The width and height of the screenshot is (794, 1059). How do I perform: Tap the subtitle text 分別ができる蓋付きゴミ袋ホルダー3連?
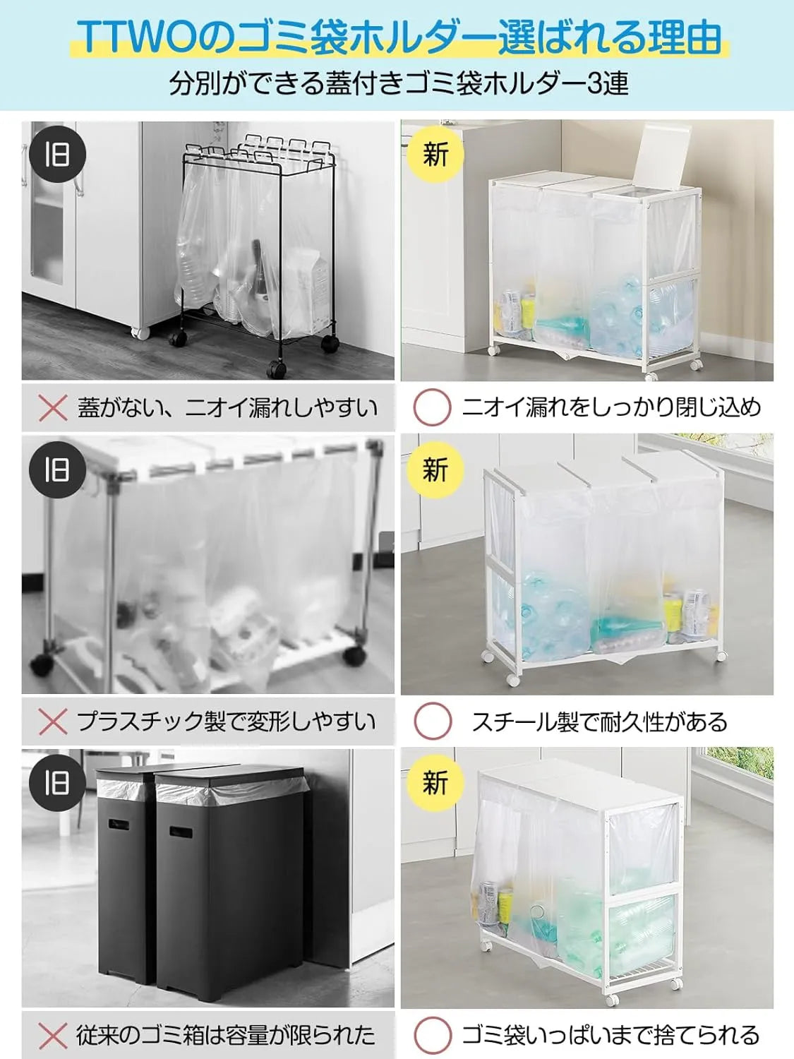(x=398, y=83)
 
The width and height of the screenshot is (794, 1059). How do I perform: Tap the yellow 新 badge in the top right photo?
(x=435, y=154)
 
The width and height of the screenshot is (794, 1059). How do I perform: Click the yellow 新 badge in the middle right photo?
(x=435, y=469)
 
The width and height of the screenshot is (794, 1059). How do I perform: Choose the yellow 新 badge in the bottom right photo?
(x=435, y=782)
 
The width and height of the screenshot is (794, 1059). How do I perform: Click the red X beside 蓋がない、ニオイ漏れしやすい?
(x=53, y=408)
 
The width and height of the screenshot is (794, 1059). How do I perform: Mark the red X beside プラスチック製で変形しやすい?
(x=53, y=722)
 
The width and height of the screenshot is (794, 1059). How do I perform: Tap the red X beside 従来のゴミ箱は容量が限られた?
(x=53, y=1036)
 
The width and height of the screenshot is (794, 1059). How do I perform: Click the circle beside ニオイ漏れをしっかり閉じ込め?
(x=432, y=407)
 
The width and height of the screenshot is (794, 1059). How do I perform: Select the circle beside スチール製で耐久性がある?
(x=432, y=722)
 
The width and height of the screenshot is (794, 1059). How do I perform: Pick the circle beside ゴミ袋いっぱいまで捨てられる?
(x=432, y=1036)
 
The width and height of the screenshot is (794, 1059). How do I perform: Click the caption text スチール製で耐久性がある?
(x=599, y=722)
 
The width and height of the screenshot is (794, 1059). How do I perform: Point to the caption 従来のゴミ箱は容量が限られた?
(x=226, y=1036)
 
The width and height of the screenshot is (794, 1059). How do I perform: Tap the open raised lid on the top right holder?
(x=660, y=155)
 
